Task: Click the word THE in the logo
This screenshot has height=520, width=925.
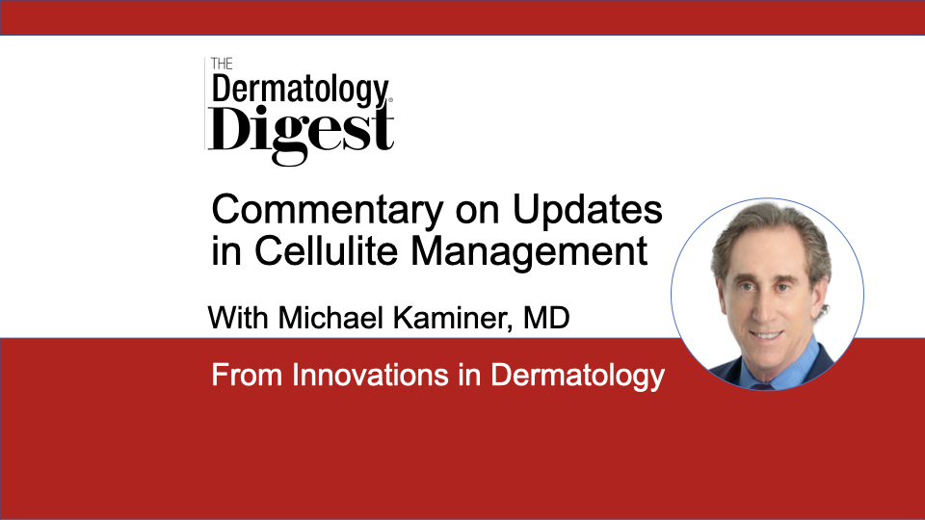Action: pyautogui.click(x=222, y=64)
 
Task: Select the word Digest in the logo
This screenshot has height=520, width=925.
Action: pyautogui.click(x=301, y=133)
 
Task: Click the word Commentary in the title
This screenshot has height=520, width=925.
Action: pyautogui.click(x=328, y=211)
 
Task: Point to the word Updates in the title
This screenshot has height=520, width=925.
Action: pyautogui.click(x=588, y=211)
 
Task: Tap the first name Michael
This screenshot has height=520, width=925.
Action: pyautogui.click(x=330, y=318)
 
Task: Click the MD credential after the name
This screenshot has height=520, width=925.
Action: pyautogui.click(x=546, y=318)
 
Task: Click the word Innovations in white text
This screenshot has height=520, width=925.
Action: pyautogui.click(x=370, y=375)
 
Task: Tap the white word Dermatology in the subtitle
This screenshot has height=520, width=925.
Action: pyautogui.click(x=577, y=377)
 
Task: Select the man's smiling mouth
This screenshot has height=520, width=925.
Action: pyautogui.click(x=766, y=335)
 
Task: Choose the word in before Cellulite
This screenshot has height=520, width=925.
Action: pyautogui.click(x=226, y=251)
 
